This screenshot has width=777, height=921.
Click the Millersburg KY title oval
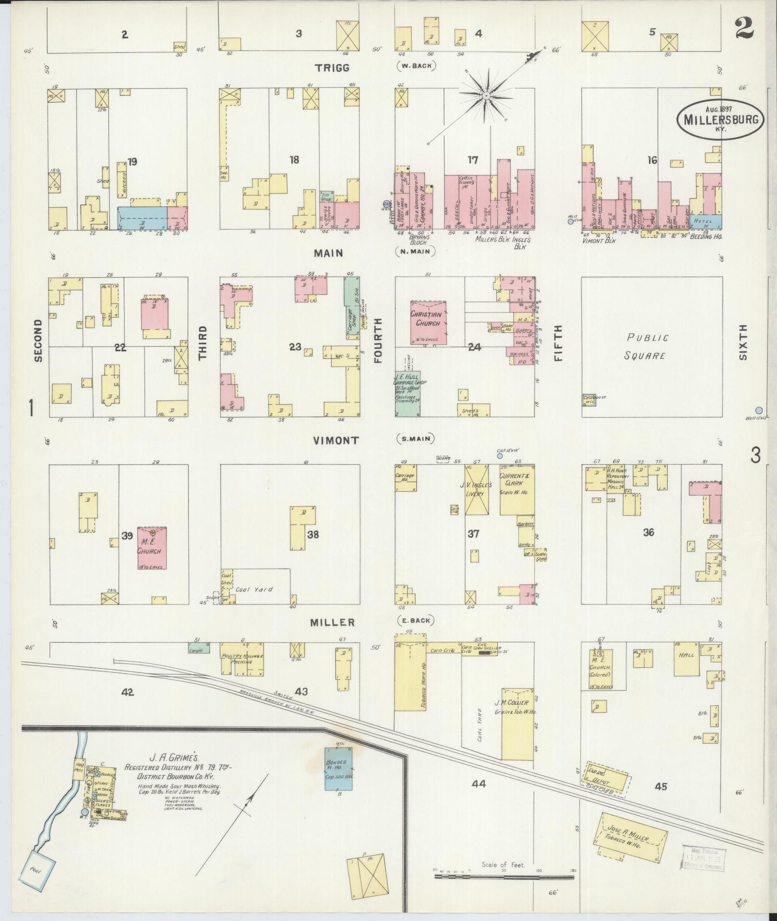(721, 119)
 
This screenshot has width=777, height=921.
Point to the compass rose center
(487, 95)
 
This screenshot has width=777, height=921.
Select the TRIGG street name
(332, 68)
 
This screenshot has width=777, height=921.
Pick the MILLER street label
(332, 623)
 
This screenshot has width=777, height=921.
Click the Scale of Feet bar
(504, 876)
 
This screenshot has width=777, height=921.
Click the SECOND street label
(39, 340)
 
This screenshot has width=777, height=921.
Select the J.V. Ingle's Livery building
(477, 490)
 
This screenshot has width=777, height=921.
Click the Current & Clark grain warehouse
(517, 490)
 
